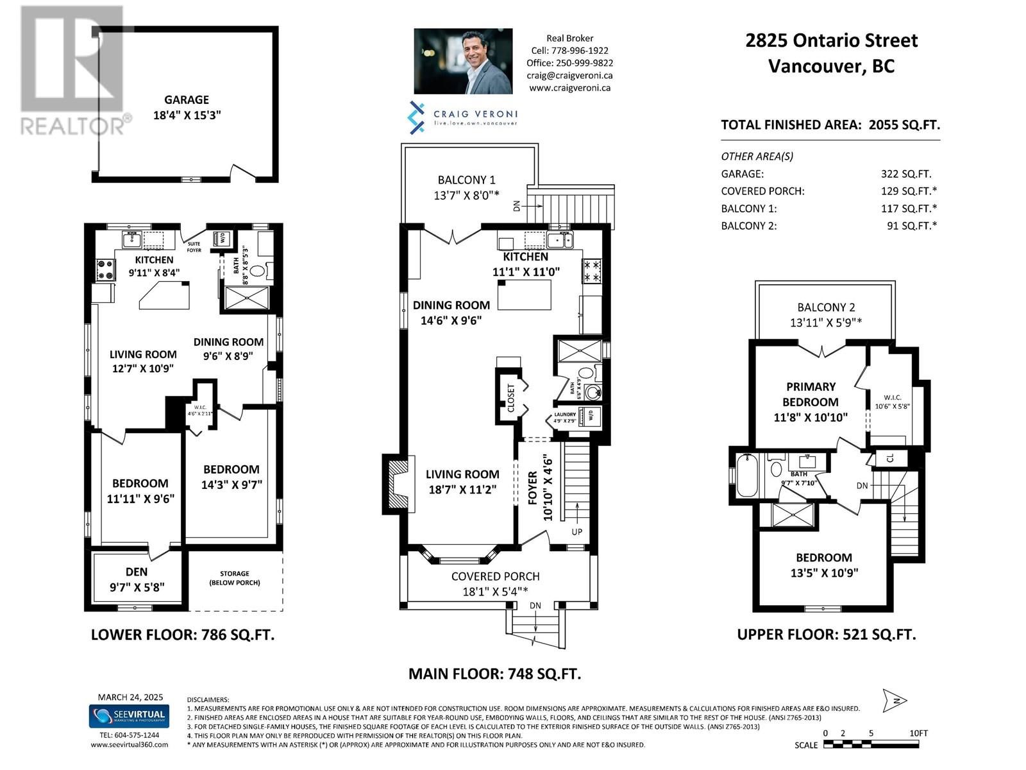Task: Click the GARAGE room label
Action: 186,100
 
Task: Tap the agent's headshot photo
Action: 463,62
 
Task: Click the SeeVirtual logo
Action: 128,715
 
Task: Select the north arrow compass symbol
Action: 895,701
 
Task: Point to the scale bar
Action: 871,744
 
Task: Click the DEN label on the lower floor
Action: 137,572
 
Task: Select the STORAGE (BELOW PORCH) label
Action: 235,578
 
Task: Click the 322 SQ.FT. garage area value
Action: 905,174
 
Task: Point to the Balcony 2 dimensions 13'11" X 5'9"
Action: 825,323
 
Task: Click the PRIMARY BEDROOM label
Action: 811,395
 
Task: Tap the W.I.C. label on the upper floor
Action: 893,398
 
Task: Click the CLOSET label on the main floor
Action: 511,398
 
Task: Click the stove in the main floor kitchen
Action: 591,270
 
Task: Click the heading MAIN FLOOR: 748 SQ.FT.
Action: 494,674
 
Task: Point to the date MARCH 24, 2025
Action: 130,697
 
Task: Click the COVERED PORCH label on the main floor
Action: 495,576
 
